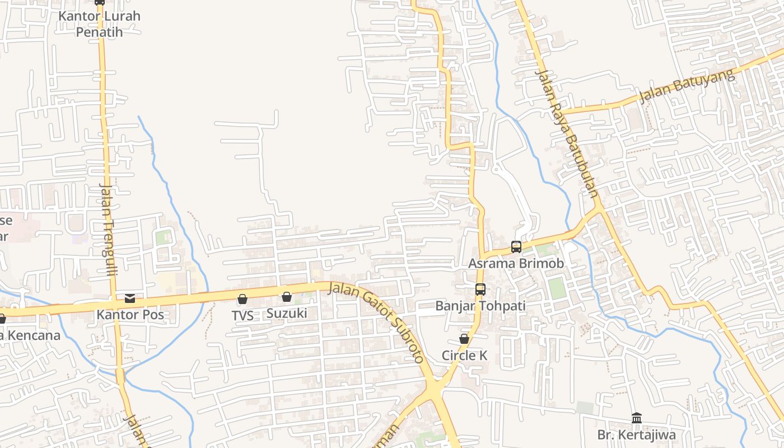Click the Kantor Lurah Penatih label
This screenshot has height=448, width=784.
click(x=100, y=24)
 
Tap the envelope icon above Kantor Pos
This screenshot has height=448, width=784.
click(x=130, y=298)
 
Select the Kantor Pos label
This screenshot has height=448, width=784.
click(x=130, y=315)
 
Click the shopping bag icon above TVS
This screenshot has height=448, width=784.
click(x=242, y=300)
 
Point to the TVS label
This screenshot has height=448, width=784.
click(x=242, y=316)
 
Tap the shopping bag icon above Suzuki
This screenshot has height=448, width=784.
click(x=287, y=297)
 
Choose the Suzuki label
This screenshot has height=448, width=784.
click(x=287, y=313)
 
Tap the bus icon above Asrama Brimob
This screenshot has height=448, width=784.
click(x=516, y=246)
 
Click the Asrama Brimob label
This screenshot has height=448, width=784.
click(x=516, y=263)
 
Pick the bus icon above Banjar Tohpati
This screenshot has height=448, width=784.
click(x=480, y=290)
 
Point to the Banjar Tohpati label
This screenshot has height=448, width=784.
click(x=480, y=306)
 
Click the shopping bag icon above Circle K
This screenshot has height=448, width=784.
click(x=464, y=339)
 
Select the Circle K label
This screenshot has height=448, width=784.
click(x=464, y=356)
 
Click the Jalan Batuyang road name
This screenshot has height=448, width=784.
click(x=687, y=87)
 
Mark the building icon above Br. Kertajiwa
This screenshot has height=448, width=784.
click(x=636, y=418)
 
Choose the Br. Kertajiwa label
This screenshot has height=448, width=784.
click(x=636, y=435)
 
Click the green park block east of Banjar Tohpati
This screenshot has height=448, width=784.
click(x=557, y=288)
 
